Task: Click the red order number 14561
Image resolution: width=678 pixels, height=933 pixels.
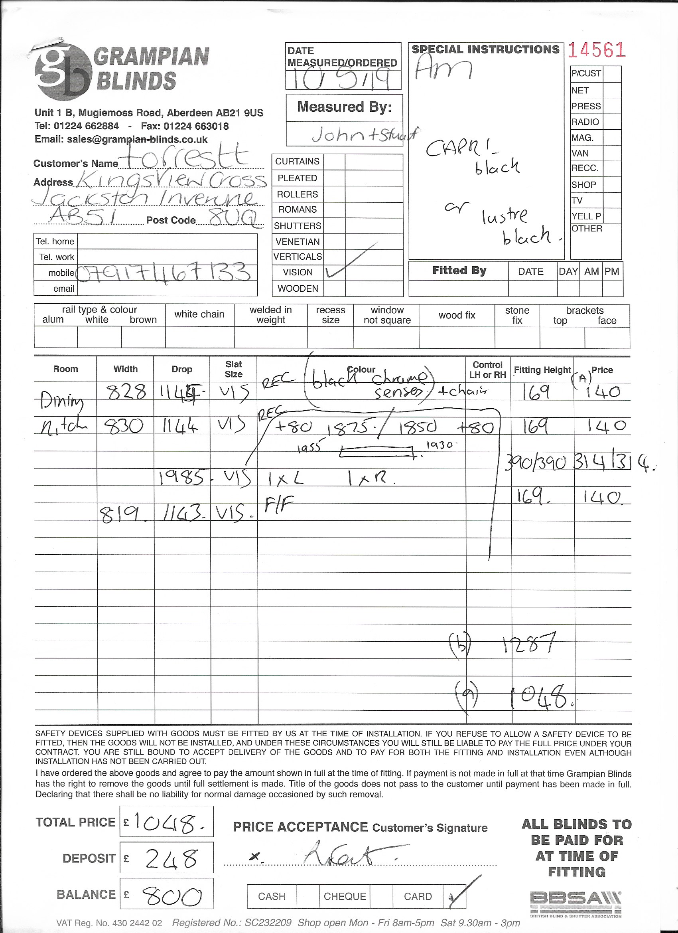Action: click(597, 50)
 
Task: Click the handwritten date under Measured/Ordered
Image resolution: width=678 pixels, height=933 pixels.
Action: click(343, 80)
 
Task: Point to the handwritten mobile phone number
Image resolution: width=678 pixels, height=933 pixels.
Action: click(164, 272)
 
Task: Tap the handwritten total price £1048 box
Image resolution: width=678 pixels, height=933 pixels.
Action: click(167, 822)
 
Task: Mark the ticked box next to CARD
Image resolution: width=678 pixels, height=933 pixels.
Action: click(456, 896)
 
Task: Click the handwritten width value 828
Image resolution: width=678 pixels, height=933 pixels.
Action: click(126, 392)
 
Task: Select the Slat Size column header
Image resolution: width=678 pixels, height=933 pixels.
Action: click(233, 369)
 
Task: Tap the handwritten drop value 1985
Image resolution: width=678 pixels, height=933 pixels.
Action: click(181, 478)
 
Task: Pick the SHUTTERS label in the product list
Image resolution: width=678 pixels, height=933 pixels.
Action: click(297, 226)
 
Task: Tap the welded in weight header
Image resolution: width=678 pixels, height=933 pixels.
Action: click(270, 315)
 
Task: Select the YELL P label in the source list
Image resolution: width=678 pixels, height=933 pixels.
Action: click(586, 216)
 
